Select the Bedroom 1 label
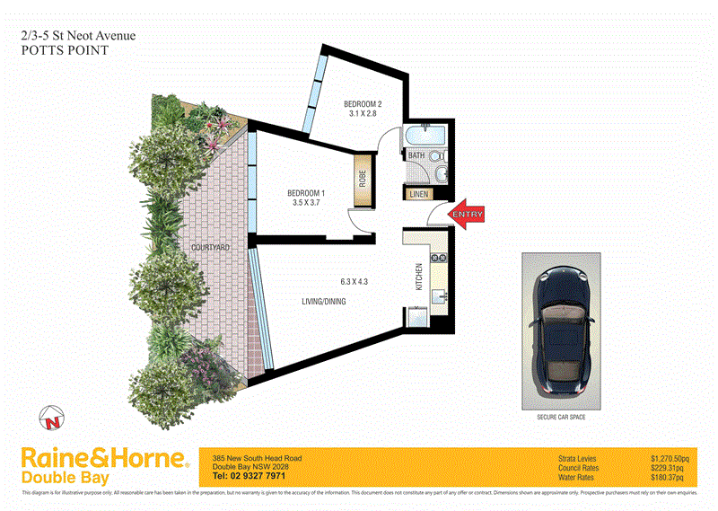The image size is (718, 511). click(306, 193)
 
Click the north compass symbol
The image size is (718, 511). click(52, 417)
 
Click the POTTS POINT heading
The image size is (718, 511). click(65, 51)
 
